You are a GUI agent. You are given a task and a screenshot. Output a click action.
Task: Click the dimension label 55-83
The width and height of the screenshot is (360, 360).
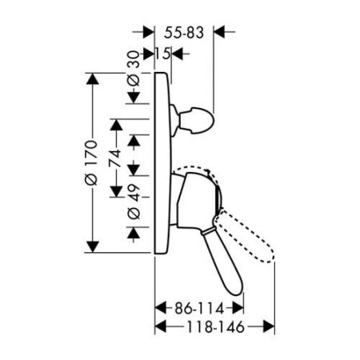[x=184, y=33]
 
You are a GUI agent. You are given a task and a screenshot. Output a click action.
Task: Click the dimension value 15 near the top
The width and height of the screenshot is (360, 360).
[x=162, y=54]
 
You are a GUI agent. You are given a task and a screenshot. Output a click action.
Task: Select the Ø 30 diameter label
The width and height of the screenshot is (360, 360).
[x=134, y=69]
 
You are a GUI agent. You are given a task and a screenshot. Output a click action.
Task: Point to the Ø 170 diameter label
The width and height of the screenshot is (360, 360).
[x=91, y=162]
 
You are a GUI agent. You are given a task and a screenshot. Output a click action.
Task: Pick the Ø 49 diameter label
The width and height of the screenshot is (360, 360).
[x=134, y=202]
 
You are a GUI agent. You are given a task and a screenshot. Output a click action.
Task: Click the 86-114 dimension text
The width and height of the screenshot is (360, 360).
[x=199, y=309]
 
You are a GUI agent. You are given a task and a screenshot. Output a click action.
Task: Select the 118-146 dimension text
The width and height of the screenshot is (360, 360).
[x=215, y=326]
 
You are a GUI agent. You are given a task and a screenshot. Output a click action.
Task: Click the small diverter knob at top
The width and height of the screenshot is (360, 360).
[x=194, y=120]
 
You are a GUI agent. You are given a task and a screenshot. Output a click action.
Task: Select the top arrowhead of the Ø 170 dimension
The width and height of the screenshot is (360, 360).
[x=92, y=78]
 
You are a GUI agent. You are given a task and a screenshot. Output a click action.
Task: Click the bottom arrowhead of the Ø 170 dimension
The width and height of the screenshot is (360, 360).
[x=92, y=246]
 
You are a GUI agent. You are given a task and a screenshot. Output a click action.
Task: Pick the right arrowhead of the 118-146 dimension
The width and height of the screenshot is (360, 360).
[x=269, y=326]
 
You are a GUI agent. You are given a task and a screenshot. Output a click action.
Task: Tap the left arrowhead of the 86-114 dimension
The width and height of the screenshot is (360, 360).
[x=161, y=308]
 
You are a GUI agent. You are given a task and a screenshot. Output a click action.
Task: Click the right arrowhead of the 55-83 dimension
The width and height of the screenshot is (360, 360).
[x=220, y=32]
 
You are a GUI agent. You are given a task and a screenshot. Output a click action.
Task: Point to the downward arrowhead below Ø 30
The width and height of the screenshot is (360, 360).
[x=134, y=98]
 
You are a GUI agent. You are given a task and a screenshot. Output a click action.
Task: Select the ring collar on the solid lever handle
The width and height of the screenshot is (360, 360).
[x=208, y=230]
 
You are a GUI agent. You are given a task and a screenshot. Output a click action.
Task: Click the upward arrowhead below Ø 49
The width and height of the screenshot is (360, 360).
[x=134, y=233]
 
